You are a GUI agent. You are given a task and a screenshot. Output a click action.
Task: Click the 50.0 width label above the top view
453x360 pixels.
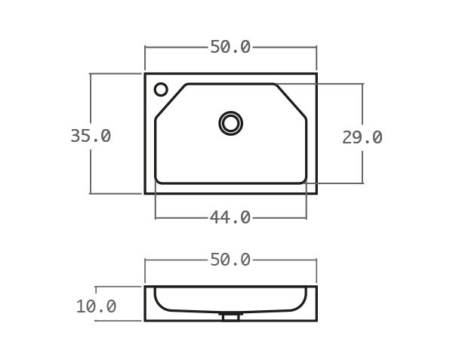230,47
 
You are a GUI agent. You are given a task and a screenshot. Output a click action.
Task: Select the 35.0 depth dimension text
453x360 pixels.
91,136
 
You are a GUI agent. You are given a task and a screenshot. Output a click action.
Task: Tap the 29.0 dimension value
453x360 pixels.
362,137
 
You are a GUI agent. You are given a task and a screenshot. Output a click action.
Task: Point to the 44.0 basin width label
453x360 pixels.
230,217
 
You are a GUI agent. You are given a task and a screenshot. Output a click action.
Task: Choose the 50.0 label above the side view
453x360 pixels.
230,260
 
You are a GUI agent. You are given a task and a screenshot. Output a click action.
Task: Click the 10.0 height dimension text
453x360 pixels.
96,306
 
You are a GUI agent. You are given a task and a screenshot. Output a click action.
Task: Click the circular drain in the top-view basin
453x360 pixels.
231,122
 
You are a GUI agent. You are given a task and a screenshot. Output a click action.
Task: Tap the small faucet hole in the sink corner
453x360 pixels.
161,90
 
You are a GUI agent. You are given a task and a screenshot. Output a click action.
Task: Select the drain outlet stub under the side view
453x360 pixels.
231,316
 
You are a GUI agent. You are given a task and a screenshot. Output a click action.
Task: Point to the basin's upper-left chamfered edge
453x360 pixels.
171,99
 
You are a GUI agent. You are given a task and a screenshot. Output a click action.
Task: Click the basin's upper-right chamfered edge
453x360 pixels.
291,99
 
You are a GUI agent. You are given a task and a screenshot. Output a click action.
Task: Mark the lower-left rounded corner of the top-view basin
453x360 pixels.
159,180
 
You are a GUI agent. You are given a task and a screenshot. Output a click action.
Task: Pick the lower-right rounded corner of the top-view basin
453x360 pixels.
303,180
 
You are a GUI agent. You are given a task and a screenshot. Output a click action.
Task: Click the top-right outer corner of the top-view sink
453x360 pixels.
316,74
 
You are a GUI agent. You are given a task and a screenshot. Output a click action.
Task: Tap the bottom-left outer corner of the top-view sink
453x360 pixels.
145,193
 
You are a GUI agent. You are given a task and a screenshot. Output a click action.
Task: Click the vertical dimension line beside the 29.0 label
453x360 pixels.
362,106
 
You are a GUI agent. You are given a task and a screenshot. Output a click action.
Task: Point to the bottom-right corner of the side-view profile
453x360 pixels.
316,320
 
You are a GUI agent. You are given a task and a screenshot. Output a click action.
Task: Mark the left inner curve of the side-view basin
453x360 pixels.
157,302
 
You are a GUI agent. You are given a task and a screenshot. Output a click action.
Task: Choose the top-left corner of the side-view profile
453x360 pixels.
145,287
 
